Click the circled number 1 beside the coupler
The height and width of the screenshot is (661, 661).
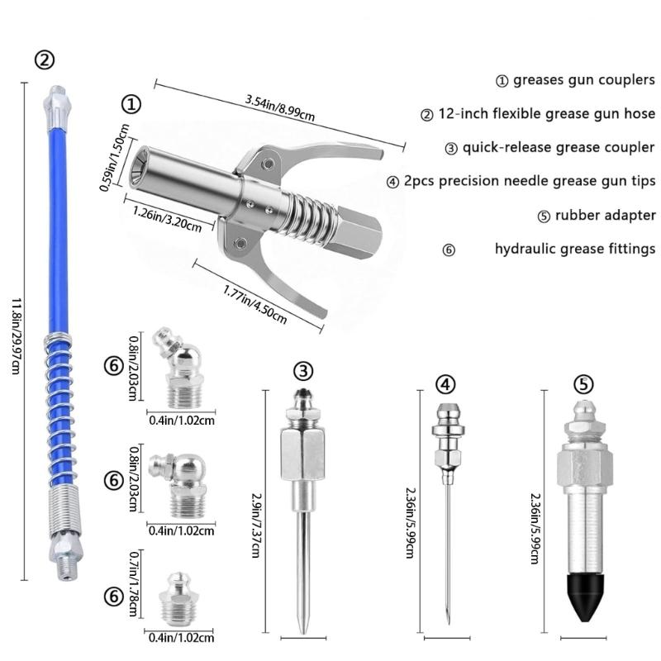[x=131, y=104]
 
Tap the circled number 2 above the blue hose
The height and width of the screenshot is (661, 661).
[x=45, y=59]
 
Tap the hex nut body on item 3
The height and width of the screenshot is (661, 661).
[x=302, y=452]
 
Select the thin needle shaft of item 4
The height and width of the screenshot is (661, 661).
[x=447, y=562]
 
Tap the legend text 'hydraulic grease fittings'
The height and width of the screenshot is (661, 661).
[x=575, y=248]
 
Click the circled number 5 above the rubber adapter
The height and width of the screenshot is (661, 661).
[x=583, y=383]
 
